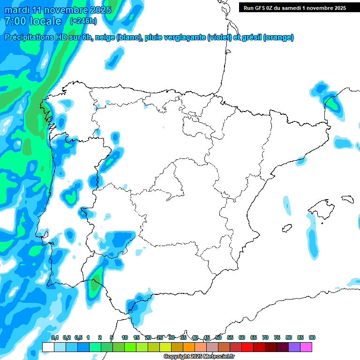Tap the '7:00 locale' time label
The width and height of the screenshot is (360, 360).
tap(32, 21)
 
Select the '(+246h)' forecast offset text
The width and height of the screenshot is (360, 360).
tap(84, 21)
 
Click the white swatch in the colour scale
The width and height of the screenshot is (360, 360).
tap(48, 347)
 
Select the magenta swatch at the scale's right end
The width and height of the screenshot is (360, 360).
tap(306, 347)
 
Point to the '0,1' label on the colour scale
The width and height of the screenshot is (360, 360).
tap(55, 338)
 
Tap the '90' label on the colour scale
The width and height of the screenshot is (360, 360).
tap(312, 338)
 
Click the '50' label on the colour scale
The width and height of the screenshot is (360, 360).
tap(218, 338)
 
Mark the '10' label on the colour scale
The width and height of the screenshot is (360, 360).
tap(125, 338)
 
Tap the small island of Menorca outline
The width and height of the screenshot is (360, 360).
tap(347, 199)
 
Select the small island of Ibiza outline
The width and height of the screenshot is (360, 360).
tap(286, 228)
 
